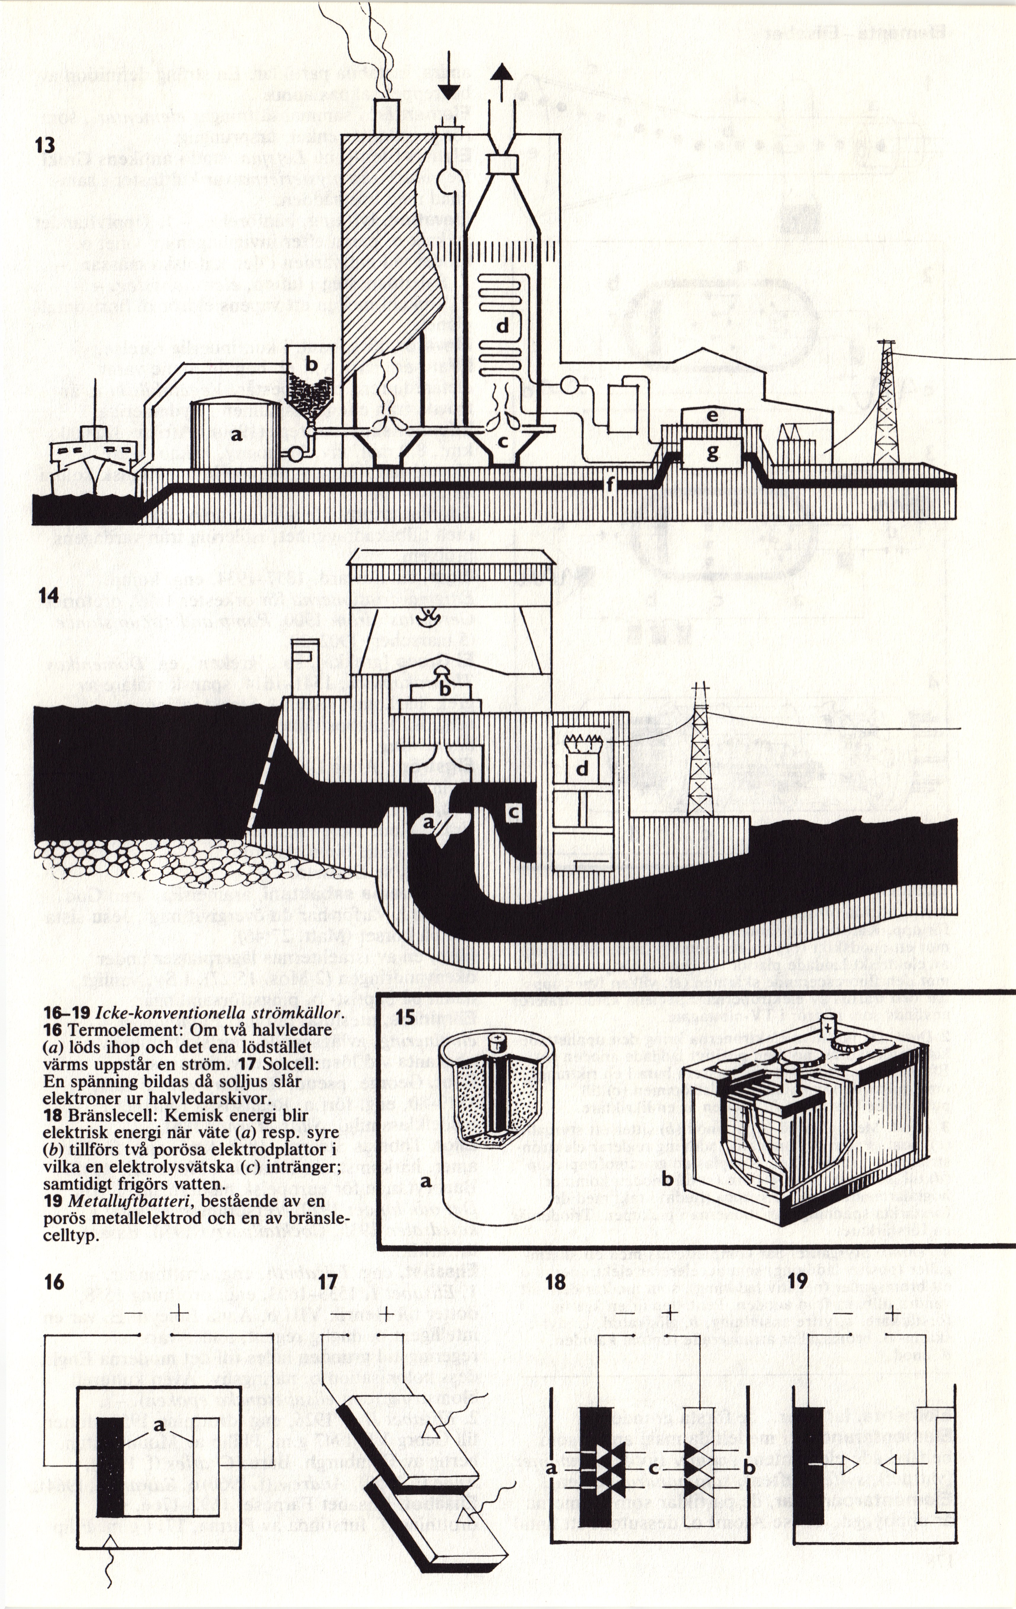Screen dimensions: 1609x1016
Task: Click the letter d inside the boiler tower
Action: (502, 326)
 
